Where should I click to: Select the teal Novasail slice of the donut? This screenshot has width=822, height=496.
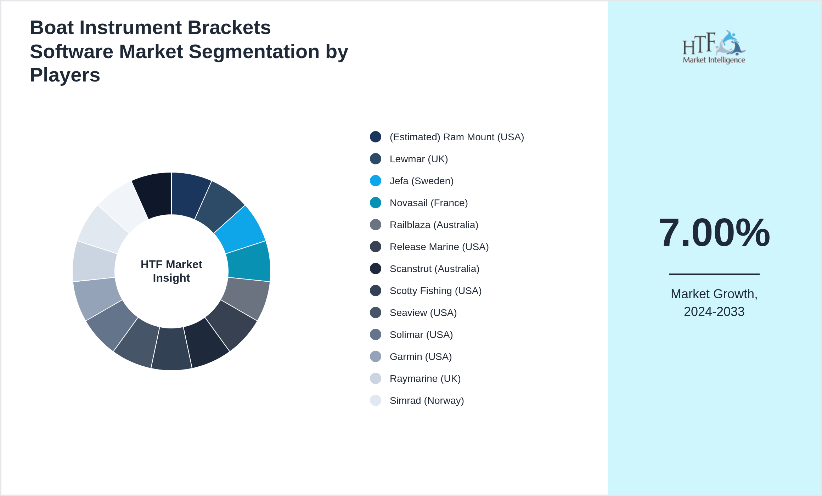(249, 261)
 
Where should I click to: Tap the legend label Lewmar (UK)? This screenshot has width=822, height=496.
(418, 159)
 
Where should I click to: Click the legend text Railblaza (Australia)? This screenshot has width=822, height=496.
(434, 225)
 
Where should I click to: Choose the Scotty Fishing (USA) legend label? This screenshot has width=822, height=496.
(435, 291)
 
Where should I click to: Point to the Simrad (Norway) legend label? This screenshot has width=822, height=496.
(427, 401)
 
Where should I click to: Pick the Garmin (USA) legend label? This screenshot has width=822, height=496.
(421, 357)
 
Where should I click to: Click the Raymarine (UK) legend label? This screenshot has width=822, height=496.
(425, 379)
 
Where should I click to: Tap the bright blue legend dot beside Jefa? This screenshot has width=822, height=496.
(376, 181)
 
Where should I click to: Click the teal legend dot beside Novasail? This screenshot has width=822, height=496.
(376, 203)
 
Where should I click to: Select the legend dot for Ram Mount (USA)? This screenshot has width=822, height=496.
(376, 137)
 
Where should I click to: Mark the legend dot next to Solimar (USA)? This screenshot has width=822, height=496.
(376, 335)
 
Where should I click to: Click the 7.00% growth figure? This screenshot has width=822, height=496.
(714, 233)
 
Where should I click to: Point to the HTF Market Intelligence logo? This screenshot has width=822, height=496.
(714, 47)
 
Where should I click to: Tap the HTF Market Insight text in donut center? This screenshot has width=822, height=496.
(171, 271)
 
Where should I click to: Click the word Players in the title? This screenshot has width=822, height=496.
(65, 75)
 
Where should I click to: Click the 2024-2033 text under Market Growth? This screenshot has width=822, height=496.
(714, 312)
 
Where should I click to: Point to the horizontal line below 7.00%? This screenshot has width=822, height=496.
(714, 274)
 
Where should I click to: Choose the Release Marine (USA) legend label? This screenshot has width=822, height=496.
(439, 247)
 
